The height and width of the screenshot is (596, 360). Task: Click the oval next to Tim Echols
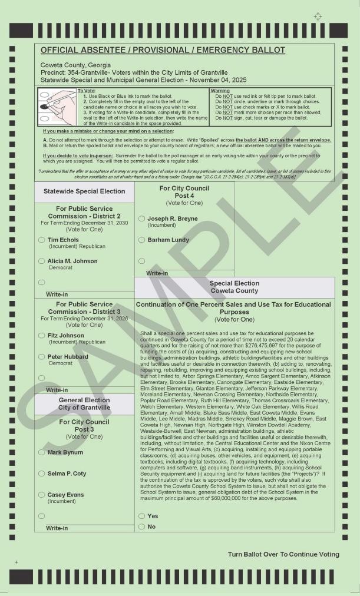coord(41,240)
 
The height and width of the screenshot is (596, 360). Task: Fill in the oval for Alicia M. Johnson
coord(41,261)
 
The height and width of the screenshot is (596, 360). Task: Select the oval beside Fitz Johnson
coord(41,336)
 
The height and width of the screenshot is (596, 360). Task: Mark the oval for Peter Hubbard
coord(41,357)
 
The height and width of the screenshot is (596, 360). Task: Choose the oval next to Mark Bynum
coord(41,452)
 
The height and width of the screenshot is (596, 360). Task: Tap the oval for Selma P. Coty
coord(41,474)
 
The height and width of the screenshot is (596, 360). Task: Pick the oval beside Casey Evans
coord(41,495)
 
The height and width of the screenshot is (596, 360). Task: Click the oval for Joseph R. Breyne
coord(141,218)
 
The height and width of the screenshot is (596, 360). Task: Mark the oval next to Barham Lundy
coord(141,240)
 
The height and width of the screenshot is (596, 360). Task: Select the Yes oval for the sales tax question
coord(141,516)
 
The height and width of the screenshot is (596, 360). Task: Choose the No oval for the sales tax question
coord(141,527)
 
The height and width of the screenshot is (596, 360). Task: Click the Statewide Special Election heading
coord(84,191)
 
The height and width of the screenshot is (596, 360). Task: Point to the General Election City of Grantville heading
coord(84,404)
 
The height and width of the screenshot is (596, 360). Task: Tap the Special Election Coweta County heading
coord(234,287)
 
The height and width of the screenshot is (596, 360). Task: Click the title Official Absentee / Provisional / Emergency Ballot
coord(163,50)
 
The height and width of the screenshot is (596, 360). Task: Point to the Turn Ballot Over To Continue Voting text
coord(283,554)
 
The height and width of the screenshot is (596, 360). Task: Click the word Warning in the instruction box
coord(220,91)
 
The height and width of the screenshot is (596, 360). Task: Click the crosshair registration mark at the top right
coord(318,16)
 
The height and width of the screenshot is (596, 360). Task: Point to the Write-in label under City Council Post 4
coord(157,273)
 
